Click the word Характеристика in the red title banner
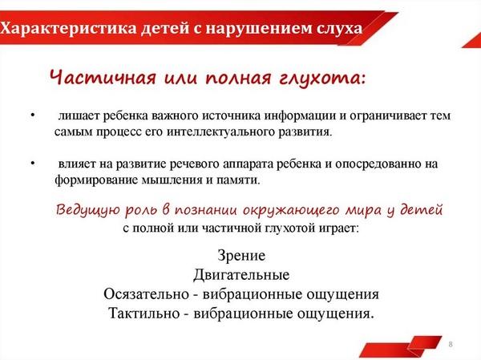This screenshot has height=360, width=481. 68,29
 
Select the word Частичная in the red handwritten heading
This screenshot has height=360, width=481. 103,77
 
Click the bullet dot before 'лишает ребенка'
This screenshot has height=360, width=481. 33,116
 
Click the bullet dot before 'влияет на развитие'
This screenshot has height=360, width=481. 33,164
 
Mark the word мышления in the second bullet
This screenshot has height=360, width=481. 172,180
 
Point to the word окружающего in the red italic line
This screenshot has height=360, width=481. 292,211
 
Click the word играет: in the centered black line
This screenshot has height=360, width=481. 338,229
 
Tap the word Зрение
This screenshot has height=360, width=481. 241,255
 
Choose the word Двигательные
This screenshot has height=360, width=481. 241,275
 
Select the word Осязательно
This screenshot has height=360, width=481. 146,294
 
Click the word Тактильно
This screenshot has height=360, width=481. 143,313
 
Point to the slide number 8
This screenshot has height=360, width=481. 451,344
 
